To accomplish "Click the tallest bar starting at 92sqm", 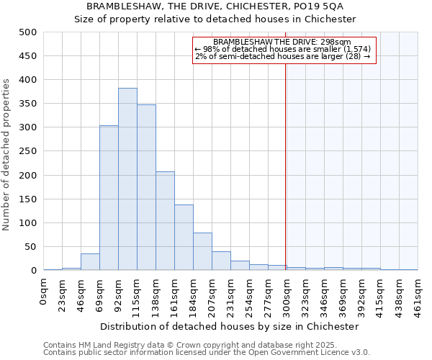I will [127, 179].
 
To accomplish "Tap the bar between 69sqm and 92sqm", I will [109, 198].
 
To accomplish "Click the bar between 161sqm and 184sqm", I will [184, 238].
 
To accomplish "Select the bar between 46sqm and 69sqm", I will [90, 262].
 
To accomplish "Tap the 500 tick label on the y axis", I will [29, 32].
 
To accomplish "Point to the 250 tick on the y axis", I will [29, 152].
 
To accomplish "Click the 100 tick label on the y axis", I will [29, 223].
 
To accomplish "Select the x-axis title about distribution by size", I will [230, 326].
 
